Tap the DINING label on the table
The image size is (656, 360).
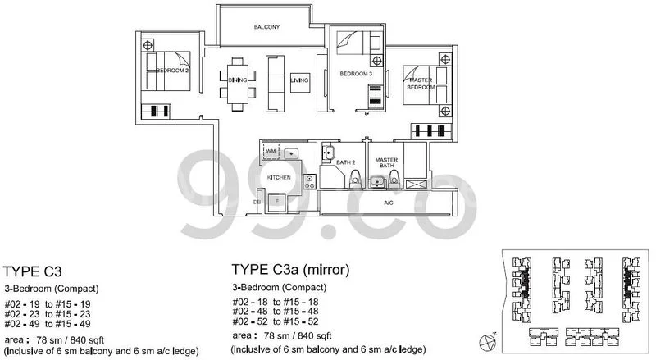coord(237,80)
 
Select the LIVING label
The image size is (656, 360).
coord(299,80)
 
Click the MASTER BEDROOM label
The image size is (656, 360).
coord(421,83)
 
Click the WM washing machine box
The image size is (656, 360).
coord(271,153)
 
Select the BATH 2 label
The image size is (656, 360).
coord(347,163)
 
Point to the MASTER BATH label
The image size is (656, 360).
coord(386,162)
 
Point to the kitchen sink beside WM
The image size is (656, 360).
coord(291,153)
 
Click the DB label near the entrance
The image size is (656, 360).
coord(257,200)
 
